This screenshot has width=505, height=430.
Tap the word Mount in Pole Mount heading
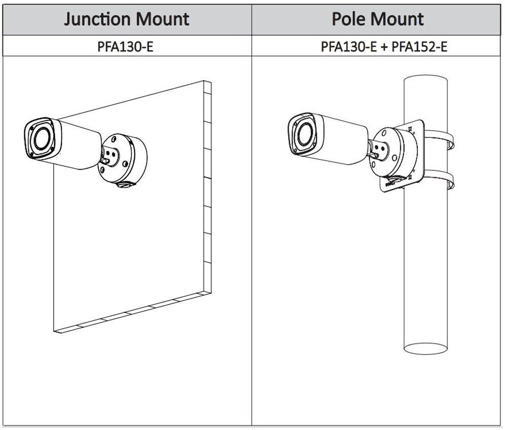pyautogui.click(x=399, y=19)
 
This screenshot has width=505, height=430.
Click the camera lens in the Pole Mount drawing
pyautogui.click(x=305, y=134)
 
